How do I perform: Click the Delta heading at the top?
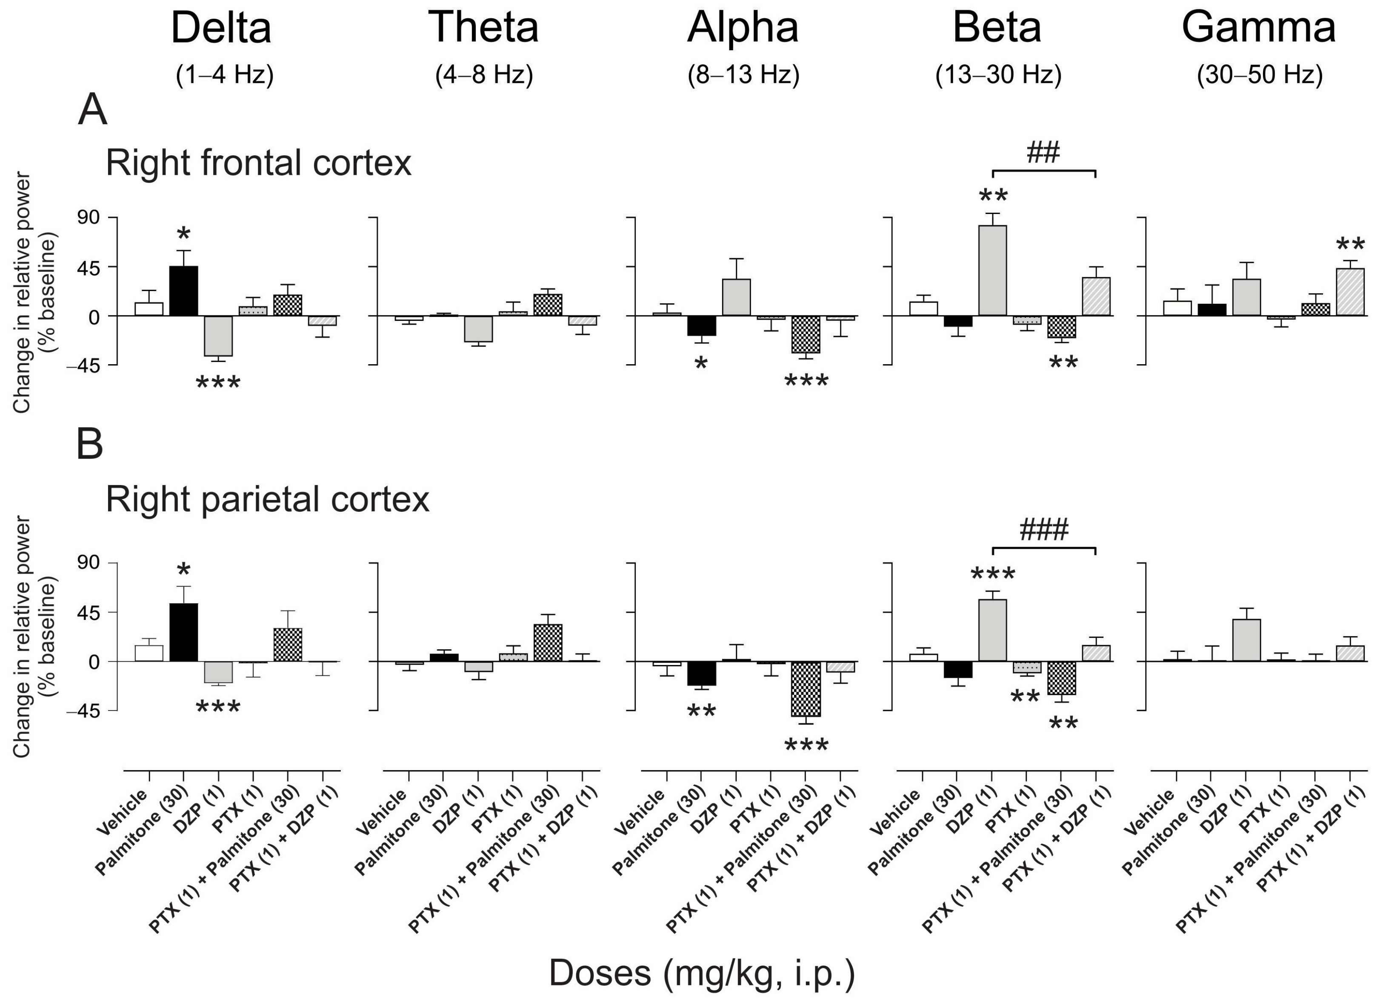[221, 28]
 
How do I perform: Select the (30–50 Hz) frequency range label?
[1260, 75]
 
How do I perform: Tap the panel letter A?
[92, 111]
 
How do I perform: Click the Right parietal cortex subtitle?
[268, 500]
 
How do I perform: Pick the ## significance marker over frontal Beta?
[1043, 152]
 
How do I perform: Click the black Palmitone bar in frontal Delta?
[183, 291]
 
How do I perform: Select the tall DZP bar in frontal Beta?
[992, 270]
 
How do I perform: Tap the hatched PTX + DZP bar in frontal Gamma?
[1350, 292]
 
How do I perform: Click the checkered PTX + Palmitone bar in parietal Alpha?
[805, 689]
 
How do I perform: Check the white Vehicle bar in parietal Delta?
[149, 654]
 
